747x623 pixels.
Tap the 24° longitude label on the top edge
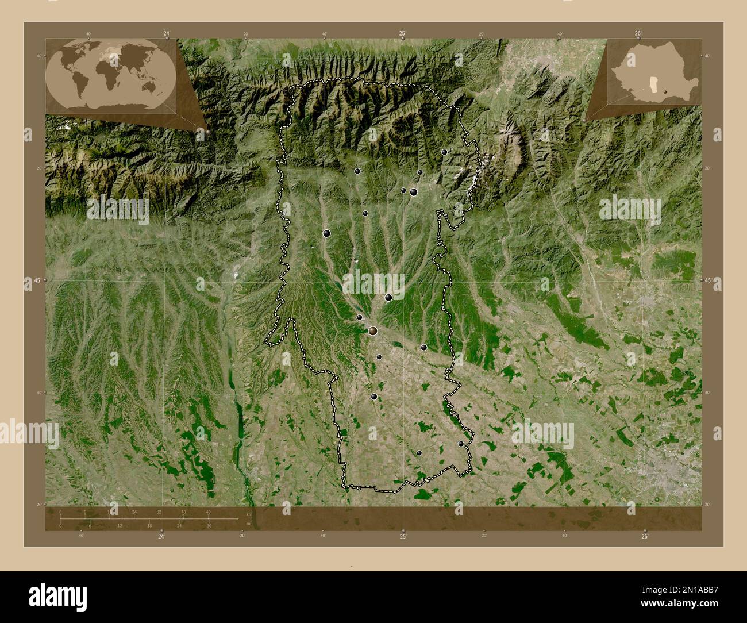click(167, 34)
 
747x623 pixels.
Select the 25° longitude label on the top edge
click(403, 34)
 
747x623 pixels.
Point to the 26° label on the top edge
click(638, 34)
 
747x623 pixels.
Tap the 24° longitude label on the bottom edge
click(161, 536)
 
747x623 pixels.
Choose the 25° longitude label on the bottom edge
click(403, 536)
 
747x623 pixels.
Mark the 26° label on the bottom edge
click(645, 536)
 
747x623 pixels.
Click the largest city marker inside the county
click(373, 330)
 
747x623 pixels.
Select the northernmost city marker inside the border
click(444, 152)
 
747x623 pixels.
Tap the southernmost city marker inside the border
click(419, 453)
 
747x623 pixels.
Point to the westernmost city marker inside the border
click(326, 233)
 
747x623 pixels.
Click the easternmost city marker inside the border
click(461, 444)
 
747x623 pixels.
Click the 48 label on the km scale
click(208, 512)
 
